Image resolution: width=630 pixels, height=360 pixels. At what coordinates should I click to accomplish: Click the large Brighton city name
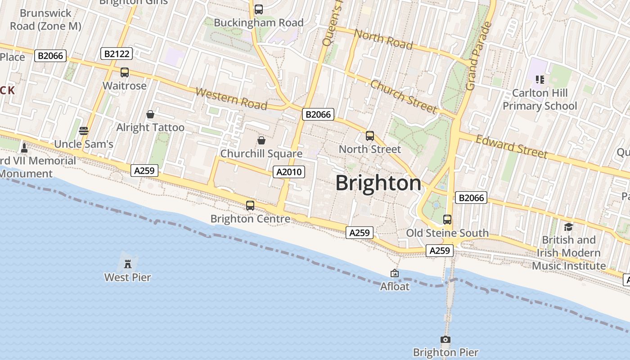coord(378,183)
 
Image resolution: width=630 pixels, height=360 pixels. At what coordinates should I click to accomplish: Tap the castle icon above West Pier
coord(128,264)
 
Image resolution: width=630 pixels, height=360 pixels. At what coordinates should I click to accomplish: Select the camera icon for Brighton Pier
coord(445,339)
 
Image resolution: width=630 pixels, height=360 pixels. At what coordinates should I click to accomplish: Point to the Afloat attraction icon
coord(395,273)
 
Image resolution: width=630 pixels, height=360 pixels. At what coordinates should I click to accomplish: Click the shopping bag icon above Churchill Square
coord(261,140)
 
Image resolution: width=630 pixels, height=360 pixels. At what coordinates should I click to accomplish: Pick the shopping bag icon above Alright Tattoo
coord(150,114)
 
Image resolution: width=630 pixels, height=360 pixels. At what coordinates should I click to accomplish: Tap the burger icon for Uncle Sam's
coord(84,131)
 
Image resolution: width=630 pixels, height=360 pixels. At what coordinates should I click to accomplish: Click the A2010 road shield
coord(289,171)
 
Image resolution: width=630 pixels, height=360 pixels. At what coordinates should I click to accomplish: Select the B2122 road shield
coord(117,54)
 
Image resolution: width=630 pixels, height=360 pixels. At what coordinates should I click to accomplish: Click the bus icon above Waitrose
coord(125,72)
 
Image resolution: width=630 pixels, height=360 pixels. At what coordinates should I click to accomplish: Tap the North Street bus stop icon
coord(370,135)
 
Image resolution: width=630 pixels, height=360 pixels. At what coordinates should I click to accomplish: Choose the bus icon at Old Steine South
coord(447,220)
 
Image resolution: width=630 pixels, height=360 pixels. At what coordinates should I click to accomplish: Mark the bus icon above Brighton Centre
coord(250,206)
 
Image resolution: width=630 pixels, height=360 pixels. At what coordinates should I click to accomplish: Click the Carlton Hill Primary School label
coord(540,99)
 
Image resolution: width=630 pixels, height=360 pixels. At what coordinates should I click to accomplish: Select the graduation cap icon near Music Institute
coord(568,227)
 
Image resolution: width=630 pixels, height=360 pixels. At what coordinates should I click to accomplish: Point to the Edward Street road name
coord(512,146)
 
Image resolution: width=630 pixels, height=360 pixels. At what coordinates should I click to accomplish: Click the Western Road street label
coord(232,99)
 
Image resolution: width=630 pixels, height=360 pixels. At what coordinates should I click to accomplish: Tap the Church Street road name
coord(404,96)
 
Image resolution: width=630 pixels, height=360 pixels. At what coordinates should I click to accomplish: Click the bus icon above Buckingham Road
coord(259,9)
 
